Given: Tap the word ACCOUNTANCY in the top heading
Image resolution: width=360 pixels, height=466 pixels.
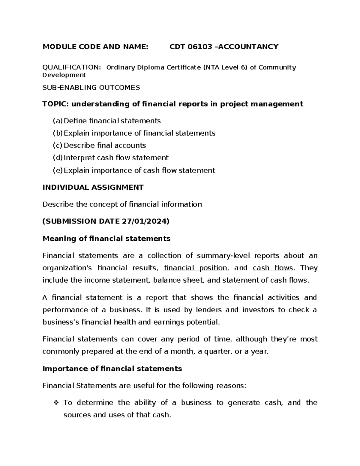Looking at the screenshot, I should [x=249, y=47].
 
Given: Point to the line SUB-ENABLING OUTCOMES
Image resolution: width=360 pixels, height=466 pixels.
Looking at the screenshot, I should [x=91, y=88].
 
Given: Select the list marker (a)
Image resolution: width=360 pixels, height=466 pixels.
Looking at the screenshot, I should [x=58, y=121].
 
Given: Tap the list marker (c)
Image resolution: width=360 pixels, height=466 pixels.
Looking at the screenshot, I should [x=58, y=146].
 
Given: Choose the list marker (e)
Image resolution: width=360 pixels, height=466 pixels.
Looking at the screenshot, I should [x=58, y=170].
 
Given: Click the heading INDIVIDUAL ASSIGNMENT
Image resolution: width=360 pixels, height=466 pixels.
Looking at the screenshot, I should [x=93, y=188].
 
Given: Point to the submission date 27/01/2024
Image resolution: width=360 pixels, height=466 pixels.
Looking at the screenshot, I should [x=144, y=221].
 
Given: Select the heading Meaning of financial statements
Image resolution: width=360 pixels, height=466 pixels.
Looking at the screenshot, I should [x=106, y=239].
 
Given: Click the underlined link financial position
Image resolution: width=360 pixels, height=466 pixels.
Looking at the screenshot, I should [x=196, y=268].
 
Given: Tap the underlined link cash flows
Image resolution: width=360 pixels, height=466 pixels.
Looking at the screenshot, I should [x=273, y=268].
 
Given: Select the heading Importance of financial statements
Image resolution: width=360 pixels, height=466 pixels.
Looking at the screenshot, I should [x=112, y=368].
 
